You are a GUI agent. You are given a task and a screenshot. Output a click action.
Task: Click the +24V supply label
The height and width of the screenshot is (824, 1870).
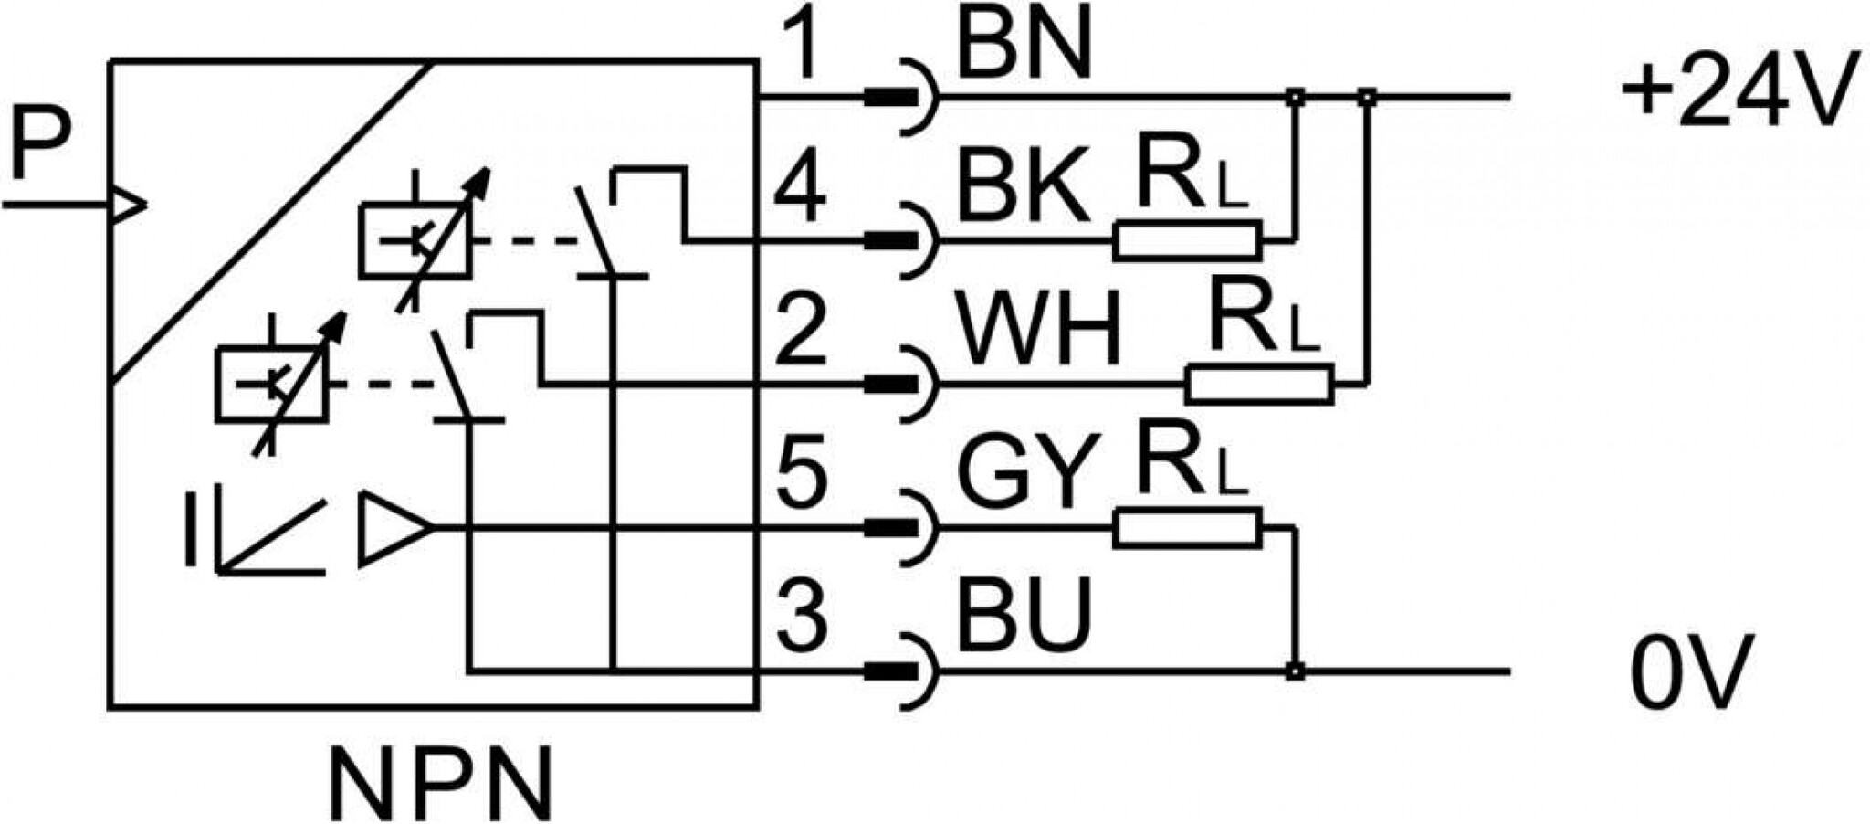(1739, 89)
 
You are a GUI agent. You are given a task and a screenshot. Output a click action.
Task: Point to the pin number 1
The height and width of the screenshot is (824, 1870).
(802, 43)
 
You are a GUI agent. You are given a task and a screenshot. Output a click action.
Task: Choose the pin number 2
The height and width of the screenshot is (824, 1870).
(801, 331)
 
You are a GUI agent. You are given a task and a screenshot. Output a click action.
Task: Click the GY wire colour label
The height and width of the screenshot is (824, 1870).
(1027, 473)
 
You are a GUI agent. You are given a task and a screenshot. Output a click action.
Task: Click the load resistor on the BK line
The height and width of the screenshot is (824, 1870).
(1187, 241)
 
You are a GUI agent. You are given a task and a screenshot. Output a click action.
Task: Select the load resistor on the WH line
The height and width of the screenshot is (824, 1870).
(1260, 384)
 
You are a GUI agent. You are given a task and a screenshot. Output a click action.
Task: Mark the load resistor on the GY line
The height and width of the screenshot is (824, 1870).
(1187, 528)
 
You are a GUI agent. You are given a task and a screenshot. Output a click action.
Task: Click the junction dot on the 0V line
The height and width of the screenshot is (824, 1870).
(1295, 671)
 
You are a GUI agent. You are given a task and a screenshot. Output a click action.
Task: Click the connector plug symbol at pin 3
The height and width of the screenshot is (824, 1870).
(901, 671)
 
